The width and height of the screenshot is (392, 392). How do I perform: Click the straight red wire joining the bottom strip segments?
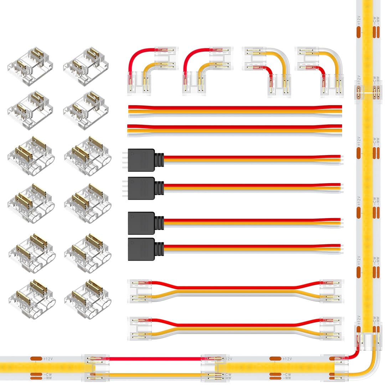coord(155,359)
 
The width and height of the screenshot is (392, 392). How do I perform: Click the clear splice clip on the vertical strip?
coord(367,91)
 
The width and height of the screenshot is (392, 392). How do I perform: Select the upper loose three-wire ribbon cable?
coord(234,111)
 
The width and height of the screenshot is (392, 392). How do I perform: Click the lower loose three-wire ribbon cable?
coord(234,130)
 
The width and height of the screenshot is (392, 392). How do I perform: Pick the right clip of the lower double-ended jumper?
coord(331,328)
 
